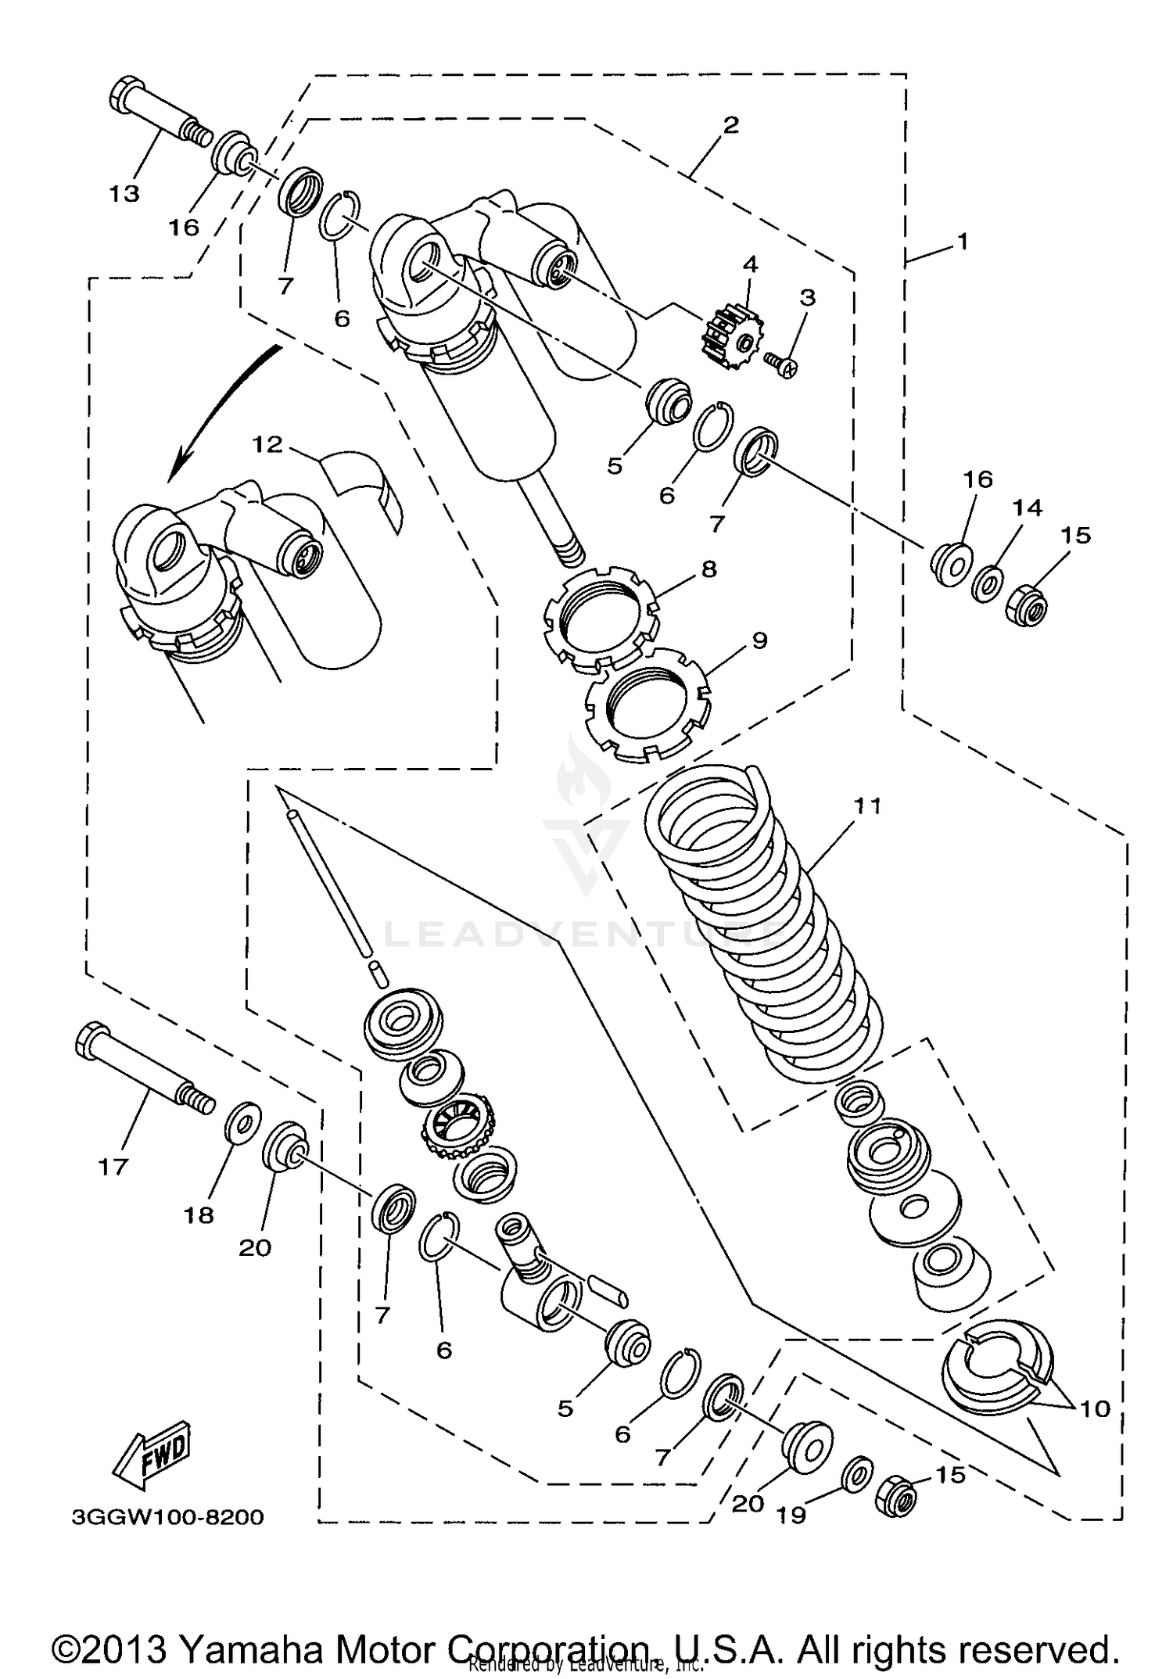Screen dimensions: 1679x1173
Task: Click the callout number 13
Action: coord(124,194)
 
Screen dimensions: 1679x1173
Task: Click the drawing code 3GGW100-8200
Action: coord(167,1518)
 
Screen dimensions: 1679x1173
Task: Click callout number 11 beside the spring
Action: coord(867,805)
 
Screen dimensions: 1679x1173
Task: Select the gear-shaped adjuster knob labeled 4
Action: coord(727,339)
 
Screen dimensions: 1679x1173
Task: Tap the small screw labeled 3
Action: coord(780,365)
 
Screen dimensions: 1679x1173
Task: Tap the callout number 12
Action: coord(267,444)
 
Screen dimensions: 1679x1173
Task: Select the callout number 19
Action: coord(791,1515)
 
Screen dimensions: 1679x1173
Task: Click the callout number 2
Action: coord(730,125)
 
